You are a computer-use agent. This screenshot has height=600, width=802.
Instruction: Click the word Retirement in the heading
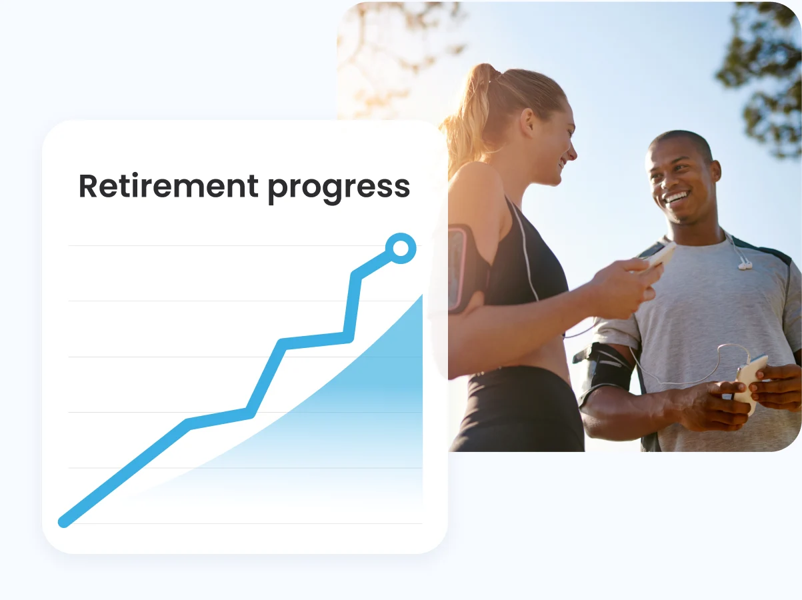pyautogui.click(x=169, y=186)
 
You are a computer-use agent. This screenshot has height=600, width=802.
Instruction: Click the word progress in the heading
pyautogui.click(x=339, y=187)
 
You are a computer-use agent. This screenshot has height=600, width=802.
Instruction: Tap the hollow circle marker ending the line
pyautogui.click(x=401, y=249)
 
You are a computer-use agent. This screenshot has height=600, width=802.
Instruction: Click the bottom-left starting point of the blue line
pyautogui.click(x=65, y=521)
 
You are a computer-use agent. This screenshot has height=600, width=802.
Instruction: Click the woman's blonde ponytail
pyautogui.click(x=467, y=120)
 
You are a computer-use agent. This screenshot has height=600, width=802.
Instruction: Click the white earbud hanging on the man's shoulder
pyautogui.click(x=744, y=264)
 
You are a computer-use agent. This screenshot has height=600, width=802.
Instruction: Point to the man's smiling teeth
pyautogui.click(x=677, y=197)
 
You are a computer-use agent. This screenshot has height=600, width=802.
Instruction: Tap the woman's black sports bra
pyautogui.click(x=527, y=267)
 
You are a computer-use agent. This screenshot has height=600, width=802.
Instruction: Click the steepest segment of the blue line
pyautogui.click(x=352, y=307)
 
